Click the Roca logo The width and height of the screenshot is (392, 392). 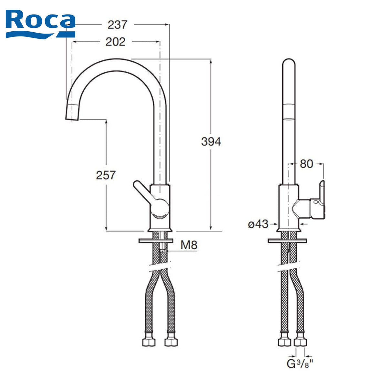[40, 24]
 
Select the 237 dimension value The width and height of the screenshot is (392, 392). [118, 25]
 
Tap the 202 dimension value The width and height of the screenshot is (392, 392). [115, 42]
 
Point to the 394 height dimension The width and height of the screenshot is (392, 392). [211, 141]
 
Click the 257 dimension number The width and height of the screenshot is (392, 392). [106, 175]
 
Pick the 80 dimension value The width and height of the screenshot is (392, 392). [306, 164]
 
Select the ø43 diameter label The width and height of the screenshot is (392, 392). [258, 224]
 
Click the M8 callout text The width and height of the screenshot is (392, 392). [189, 245]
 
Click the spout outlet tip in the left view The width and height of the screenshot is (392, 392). [72, 119]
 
